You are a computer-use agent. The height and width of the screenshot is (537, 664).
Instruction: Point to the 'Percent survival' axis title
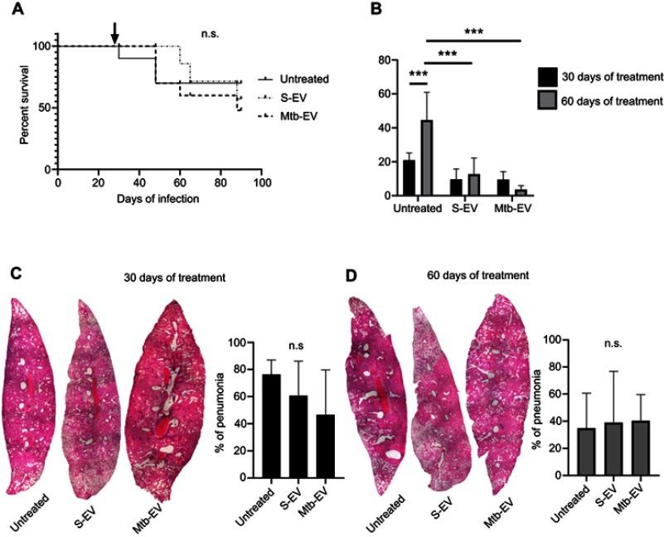(x=26, y=105)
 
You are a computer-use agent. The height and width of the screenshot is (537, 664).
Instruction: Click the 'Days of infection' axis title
(x=158, y=199)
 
